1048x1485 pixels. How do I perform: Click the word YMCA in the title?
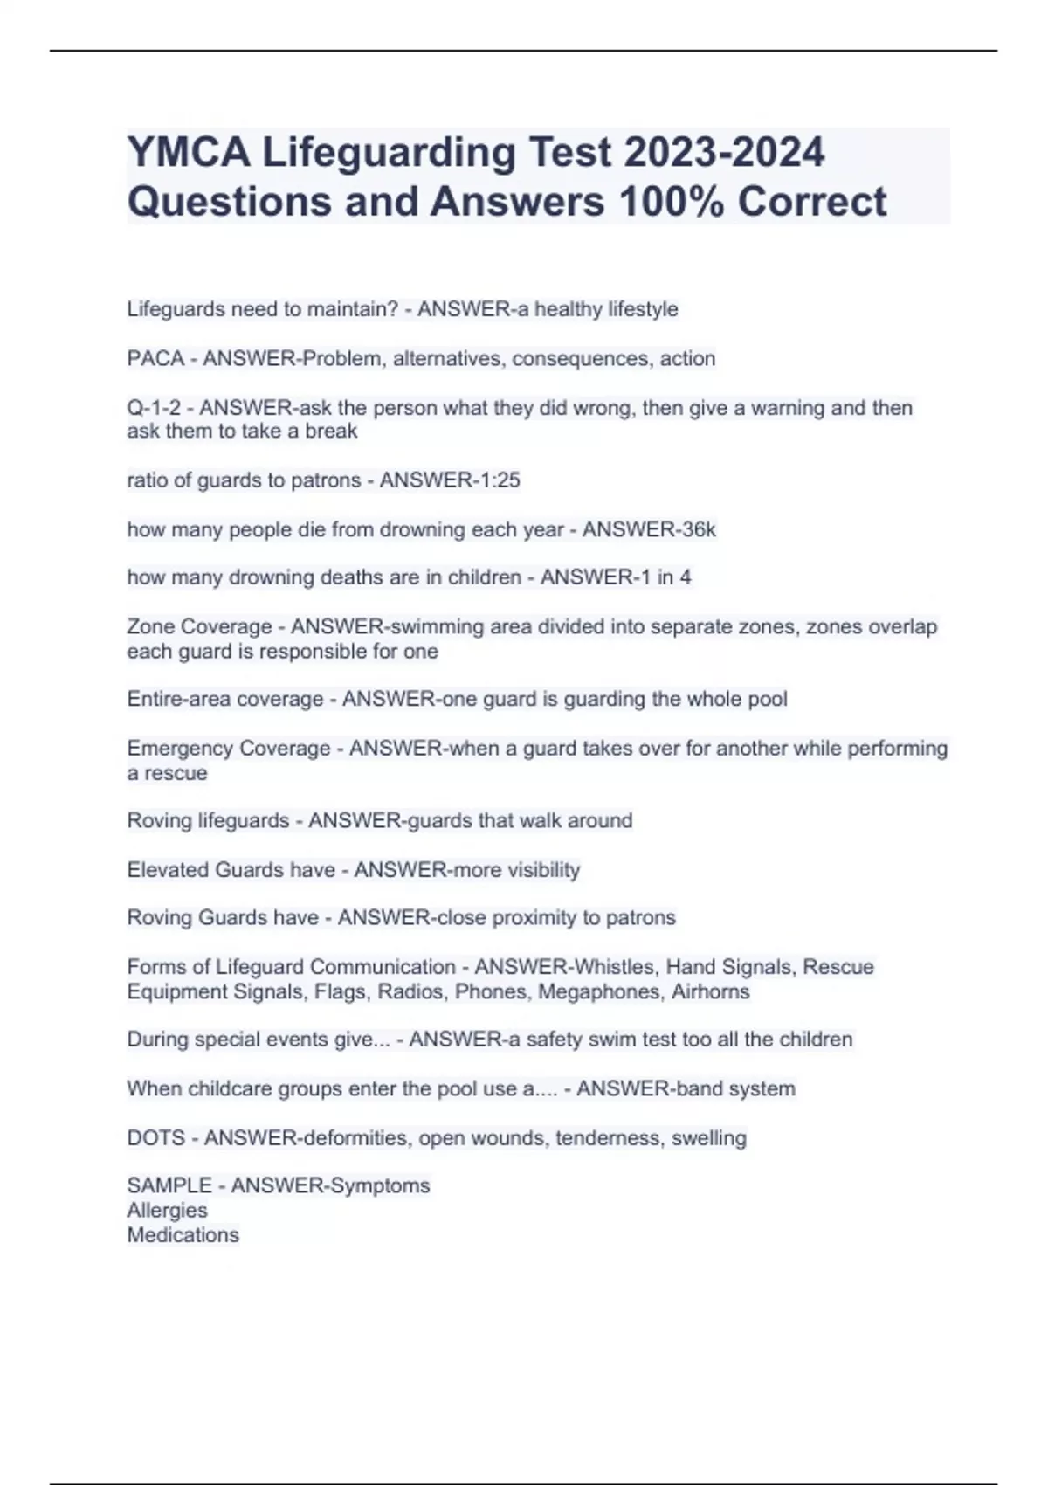coord(189,152)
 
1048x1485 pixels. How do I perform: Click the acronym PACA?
coord(155,358)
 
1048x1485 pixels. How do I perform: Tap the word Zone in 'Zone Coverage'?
coord(150,626)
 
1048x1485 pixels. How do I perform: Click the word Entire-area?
coord(178,699)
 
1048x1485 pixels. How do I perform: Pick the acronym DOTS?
coord(156,1137)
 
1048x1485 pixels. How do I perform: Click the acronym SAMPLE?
coord(169,1185)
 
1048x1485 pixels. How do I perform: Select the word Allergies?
coord(167,1210)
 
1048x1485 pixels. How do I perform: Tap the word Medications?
coord(183,1234)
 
